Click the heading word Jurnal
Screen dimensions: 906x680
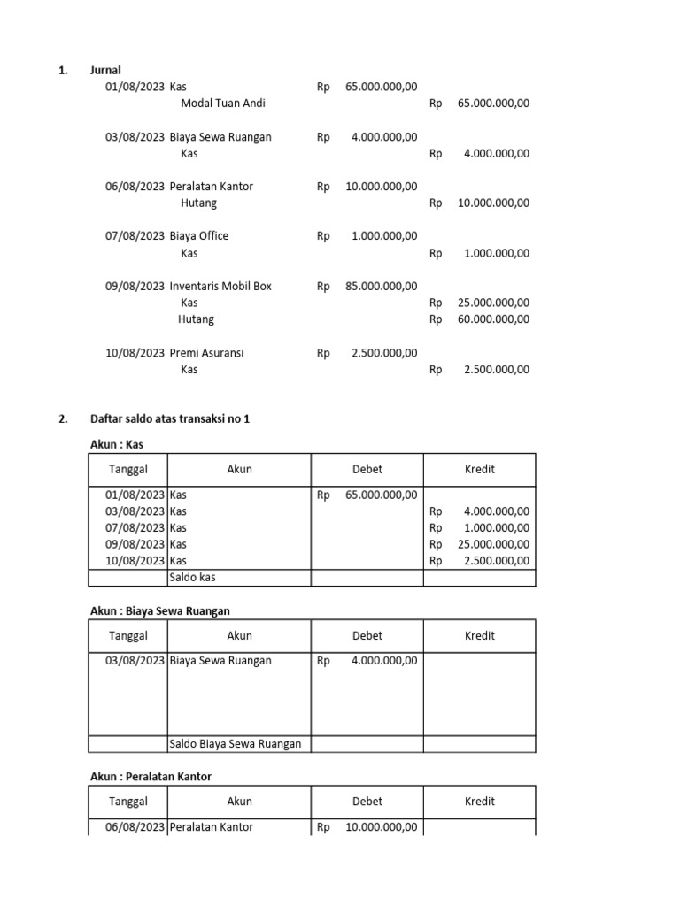pyautogui.click(x=105, y=70)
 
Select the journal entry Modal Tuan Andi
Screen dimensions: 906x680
pyautogui.click(x=222, y=104)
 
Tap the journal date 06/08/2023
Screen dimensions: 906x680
pyautogui.click(x=135, y=187)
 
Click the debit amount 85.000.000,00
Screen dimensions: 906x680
pyautogui.click(x=381, y=286)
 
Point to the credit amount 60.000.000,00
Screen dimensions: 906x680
pyautogui.click(x=493, y=319)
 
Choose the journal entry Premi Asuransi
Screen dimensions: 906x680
pyautogui.click(x=207, y=353)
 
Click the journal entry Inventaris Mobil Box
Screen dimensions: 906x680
pyautogui.click(x=220, y=286)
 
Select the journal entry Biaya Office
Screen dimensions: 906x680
pyautogui.click(x=199, y=236)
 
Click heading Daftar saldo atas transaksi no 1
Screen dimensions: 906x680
pyautogui.click(x=170, y=419)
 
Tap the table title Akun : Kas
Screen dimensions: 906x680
pyautogui.click(x=117, y=444)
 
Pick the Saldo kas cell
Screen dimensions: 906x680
pyautogui.click(x=193, y=578)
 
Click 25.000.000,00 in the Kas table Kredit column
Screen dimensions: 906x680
pyautogui.click(x=493, y=544)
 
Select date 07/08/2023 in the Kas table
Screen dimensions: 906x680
pyautogui.click(x=135, y=528)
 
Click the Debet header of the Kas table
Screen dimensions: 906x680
pyautogui.click(x=367, y=470)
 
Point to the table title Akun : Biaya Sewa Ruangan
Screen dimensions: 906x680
pyautogui.click(x=160, y=610)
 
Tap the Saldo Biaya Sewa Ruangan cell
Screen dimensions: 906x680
pyautogui.click(x=236, y=744)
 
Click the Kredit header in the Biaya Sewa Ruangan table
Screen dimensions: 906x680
pyautogui.click(x=480, y=636)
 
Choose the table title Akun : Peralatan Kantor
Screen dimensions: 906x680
pyautogui.click(x=151, y=777)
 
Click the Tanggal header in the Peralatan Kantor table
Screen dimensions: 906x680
pyautogui.click(x=128, y=802)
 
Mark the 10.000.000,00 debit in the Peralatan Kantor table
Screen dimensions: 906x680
pyautogui.click(x=381, y=827)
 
